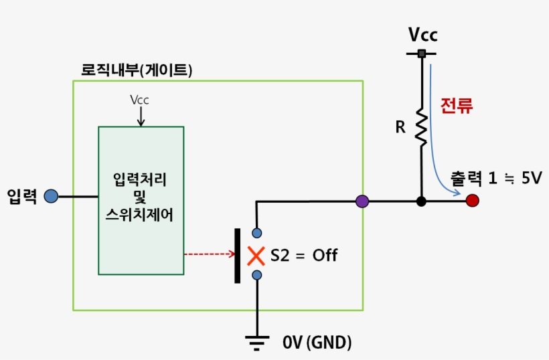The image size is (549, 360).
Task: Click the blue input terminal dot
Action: [x=51, y=196]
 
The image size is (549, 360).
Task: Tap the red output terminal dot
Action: [x=473, y=200]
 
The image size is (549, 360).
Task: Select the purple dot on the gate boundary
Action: [x=362, y=201]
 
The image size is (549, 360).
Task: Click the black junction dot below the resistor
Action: [x=421, y=201]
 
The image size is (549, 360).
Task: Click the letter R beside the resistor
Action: [x=400, y=126]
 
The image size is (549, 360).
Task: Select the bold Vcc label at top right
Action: [x=423, y=35]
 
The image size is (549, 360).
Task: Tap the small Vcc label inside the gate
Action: [x=139, y=100]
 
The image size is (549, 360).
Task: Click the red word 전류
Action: [x=457, y=105]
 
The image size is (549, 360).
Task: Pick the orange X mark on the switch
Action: [x=256, y=256]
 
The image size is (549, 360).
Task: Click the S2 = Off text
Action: [x=304, y=255]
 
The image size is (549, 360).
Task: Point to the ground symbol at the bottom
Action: [x=256, y=342]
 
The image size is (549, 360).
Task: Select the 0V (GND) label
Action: [x=317, y=343]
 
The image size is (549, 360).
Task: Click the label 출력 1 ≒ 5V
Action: [x=495, y=180]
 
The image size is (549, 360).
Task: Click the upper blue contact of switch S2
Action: [x=256, y=233]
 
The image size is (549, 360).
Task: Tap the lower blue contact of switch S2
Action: [x=256, y=275]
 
